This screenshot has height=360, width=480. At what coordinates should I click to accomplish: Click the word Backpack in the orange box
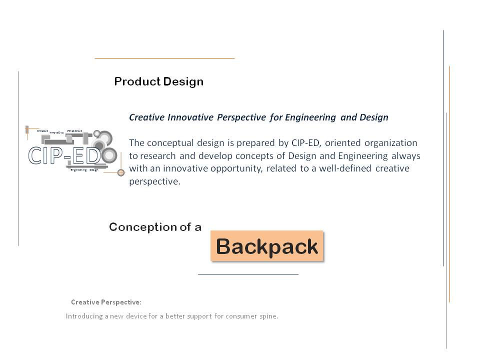(x=267, y=246)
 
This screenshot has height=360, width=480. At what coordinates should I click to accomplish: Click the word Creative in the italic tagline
(x=146, y=117)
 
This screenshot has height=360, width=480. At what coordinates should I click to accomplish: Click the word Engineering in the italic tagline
(x=310, y=117)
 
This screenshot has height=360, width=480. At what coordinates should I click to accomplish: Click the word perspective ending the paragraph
(x=152, y=181)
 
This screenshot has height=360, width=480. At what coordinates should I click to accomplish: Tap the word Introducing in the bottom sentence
(x=84, y=316)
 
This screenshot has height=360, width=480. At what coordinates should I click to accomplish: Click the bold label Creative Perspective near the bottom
(x=106, y=302)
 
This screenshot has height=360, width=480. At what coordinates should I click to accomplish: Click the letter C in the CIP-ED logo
(x=36, y=156)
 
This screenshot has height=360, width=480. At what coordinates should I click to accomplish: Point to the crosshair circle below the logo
(x=120, y=172)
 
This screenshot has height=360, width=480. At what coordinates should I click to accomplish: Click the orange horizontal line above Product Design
(x=164, y=58)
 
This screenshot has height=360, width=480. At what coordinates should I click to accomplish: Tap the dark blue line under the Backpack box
(x=248, y=274)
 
